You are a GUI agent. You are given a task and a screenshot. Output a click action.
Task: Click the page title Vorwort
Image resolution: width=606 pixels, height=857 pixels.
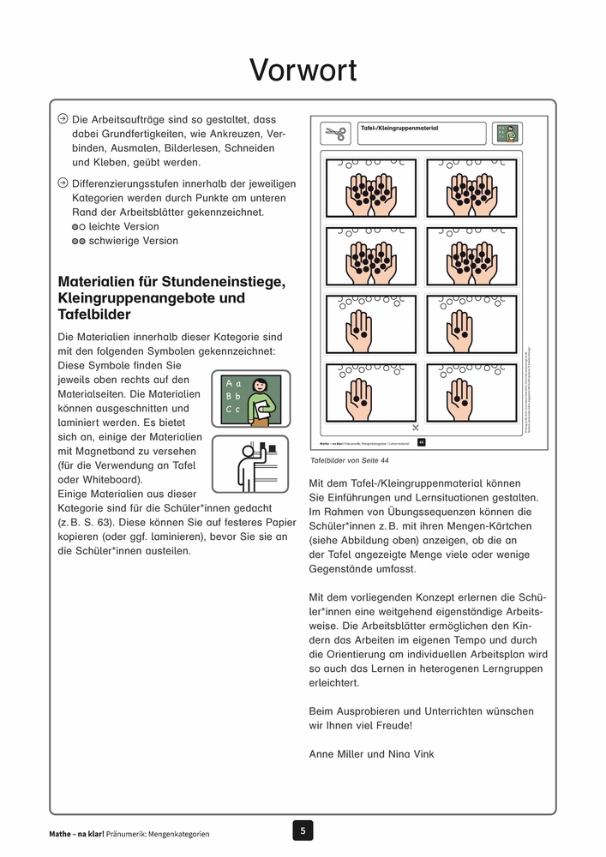(x=303, y=70)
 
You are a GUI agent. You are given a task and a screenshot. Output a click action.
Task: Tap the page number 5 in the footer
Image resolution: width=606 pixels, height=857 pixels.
(x=302, y=830)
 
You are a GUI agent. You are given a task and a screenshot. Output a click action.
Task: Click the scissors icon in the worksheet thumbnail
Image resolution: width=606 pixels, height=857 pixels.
(x=335, y=134)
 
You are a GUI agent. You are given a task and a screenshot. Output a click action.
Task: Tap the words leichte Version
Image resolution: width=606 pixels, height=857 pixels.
(x=123, y=226)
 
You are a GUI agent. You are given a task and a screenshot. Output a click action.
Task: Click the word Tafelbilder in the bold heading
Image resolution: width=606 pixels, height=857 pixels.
(x=93, y=315)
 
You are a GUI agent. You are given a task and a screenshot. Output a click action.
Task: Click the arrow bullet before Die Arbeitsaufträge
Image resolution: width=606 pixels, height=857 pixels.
(x=63, y=120)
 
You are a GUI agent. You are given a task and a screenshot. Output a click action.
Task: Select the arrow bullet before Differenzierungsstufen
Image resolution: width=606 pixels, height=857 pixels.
(x=63, y=183)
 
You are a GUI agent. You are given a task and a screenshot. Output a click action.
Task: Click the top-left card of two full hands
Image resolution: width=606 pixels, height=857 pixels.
(x=371, y=188)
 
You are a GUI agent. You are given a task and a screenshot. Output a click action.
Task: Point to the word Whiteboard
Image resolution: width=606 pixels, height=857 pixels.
(x=107, y=479)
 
